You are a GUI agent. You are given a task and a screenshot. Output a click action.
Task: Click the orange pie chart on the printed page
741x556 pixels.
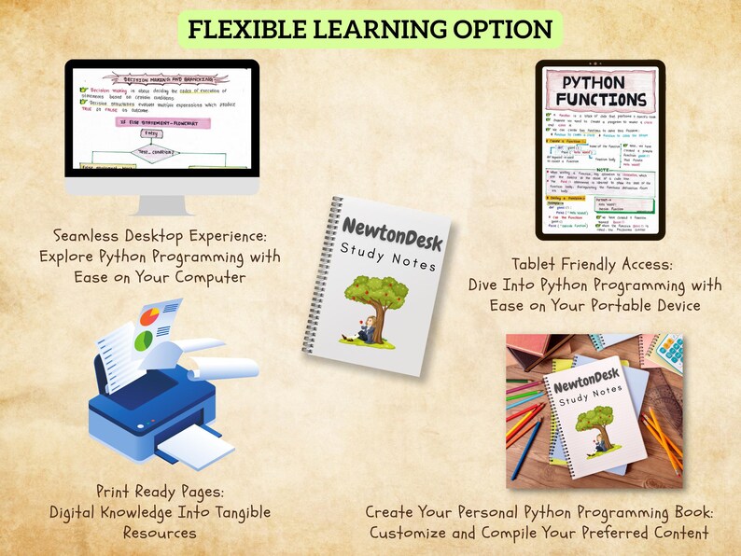pos(147,317)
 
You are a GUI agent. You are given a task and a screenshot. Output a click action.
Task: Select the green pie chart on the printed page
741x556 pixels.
pos(143,341)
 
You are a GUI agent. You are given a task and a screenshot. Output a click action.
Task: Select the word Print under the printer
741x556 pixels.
pos(118,491)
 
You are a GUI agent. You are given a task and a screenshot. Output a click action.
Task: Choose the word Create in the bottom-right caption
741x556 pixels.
pos(390,512)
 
